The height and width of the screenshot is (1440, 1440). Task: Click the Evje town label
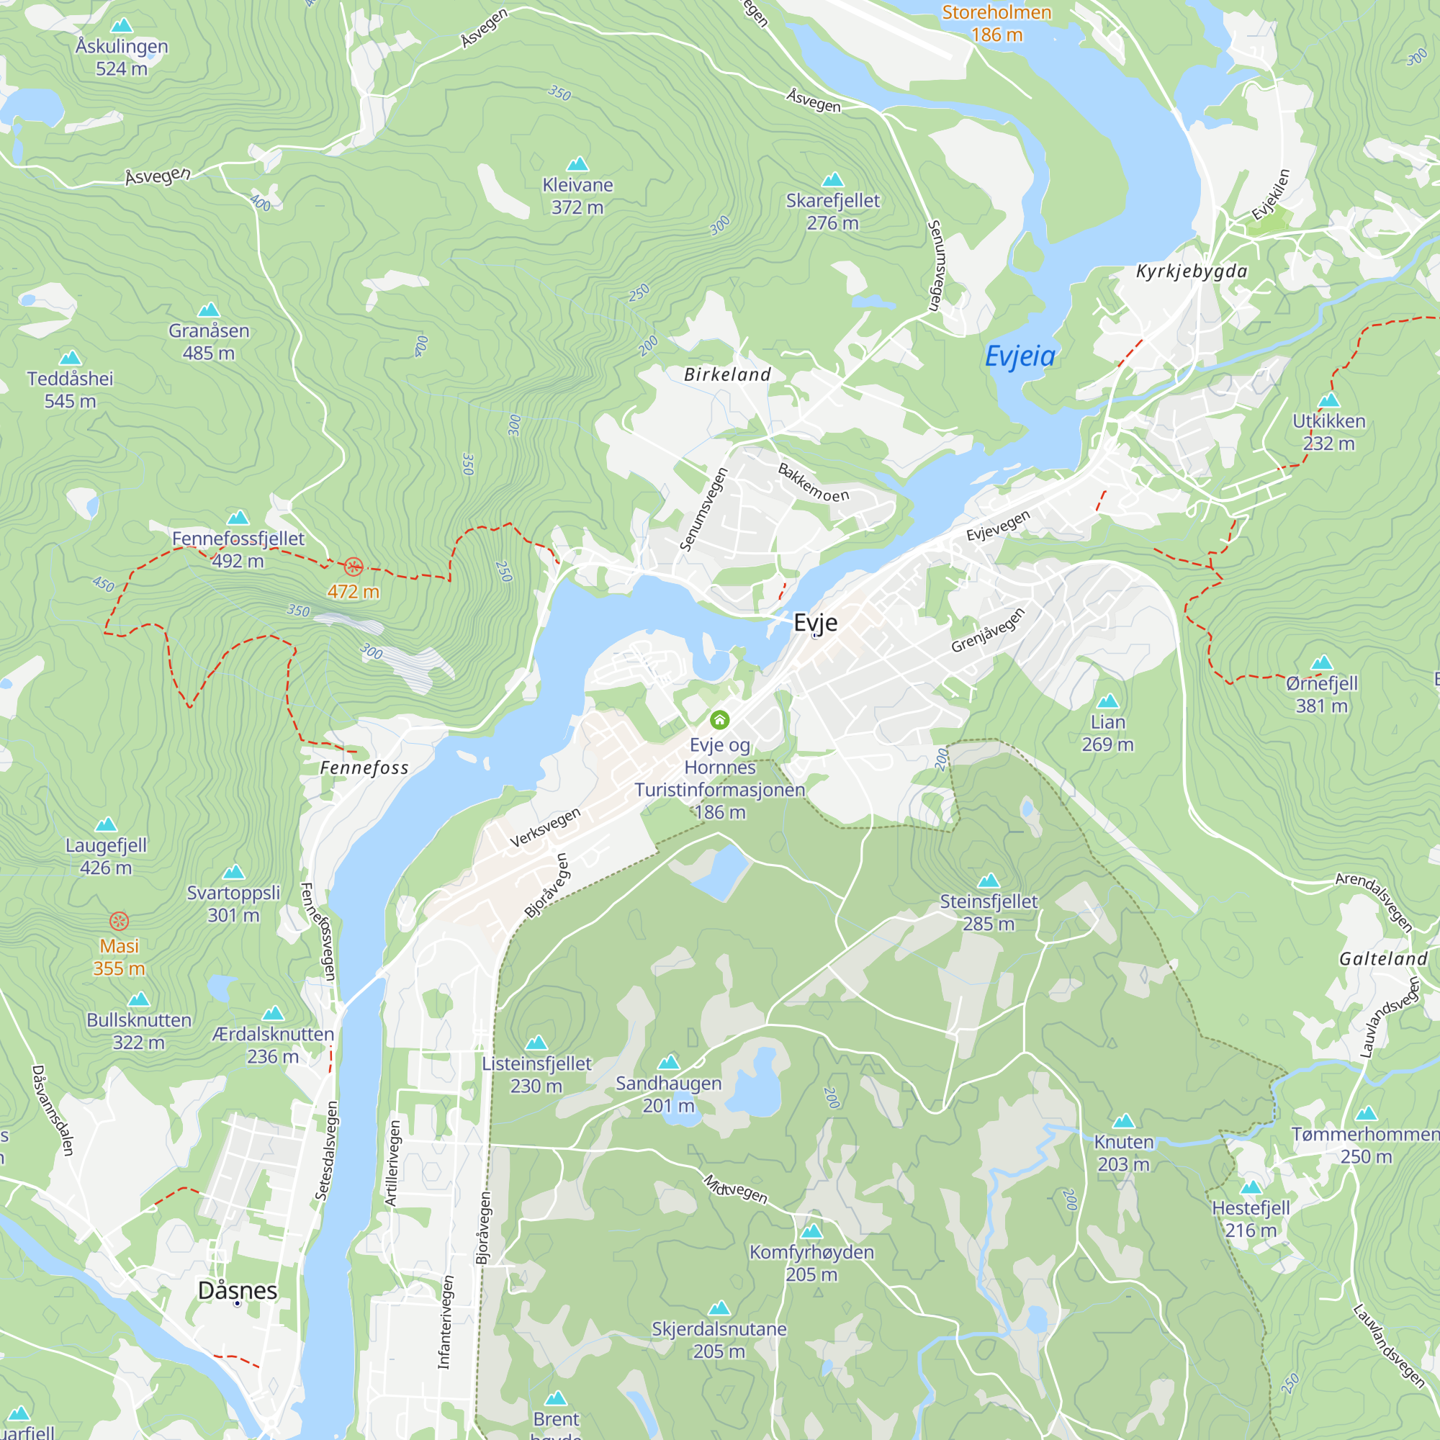click(x=816, y=622)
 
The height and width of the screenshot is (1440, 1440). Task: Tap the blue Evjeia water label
click(x=1020, y=356)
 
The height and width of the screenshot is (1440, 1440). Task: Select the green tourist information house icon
click(x=719, y=719)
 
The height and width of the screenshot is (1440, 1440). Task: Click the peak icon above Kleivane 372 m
click(x=577, y=164)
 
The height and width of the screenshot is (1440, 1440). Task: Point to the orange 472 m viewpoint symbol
click(x=354, y=567)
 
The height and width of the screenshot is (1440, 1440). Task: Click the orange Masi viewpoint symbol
click(x=120, y=922)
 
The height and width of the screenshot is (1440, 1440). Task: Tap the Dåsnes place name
click(x=237, y=1290)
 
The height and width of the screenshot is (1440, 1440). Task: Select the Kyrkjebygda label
click(x=1191, y=271)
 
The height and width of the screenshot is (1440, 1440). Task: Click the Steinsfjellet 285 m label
click(x=989, y=912)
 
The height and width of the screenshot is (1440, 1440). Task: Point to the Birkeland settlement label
click(x=727, y=375)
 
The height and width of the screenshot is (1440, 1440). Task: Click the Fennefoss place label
click(x=364, y=768)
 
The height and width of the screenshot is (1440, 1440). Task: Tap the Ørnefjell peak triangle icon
click(x=1321, y=662)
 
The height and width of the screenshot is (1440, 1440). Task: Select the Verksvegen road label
click(x=545, y=827)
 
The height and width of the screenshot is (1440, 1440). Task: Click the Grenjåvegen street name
click(x=988, y=631)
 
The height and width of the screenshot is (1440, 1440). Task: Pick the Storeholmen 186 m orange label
click(x=996, y=23)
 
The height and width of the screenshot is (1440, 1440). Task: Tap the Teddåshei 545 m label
click(x=70, y=389)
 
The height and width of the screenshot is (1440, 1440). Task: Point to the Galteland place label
click(x=1383, y=959)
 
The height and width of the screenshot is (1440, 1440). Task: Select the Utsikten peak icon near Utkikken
click(x=1329, y=400)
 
